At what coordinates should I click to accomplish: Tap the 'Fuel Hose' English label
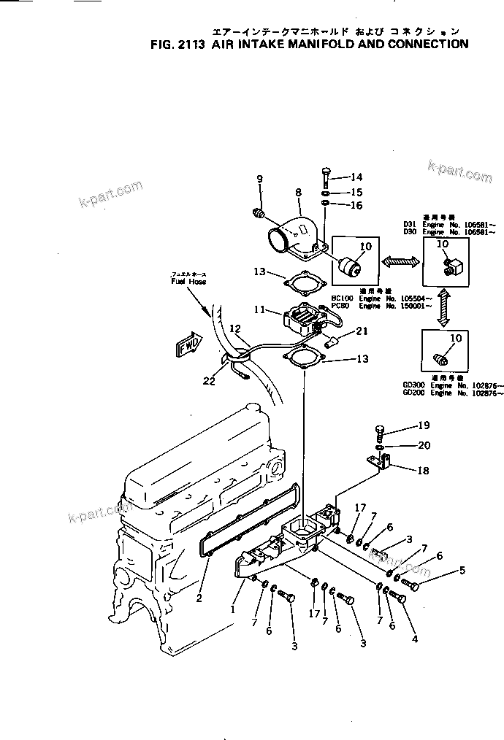188,281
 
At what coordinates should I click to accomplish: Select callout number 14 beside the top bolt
356,177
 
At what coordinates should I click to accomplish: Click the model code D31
409,225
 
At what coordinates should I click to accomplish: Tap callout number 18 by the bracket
422,471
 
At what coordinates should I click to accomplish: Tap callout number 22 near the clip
210,380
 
